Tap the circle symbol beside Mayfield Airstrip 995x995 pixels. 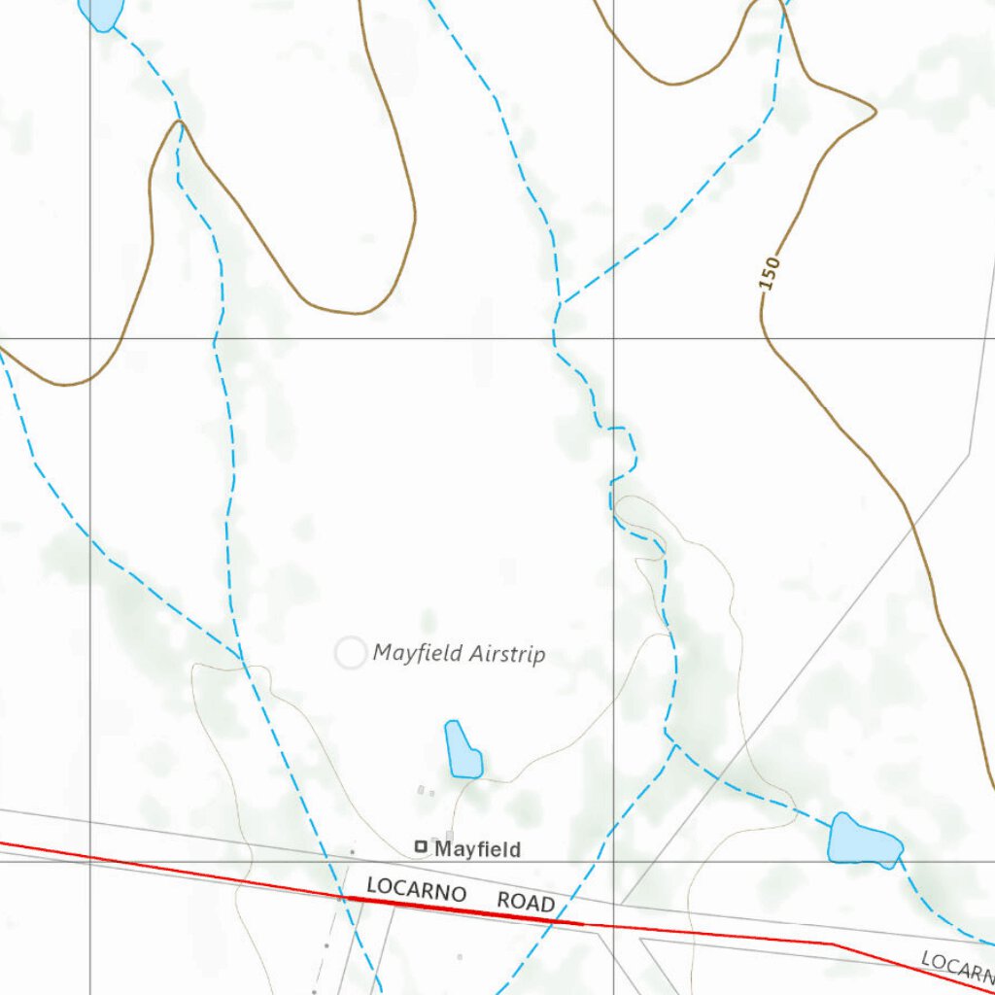click(350, 653)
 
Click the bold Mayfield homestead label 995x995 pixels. click(477, 849)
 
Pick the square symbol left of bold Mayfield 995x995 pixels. click(421, 847)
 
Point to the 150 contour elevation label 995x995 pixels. click(770, 273)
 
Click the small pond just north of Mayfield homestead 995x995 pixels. click(463, 750)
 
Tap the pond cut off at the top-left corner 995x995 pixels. click(101, 12)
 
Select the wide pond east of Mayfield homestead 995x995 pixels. click(864, 841)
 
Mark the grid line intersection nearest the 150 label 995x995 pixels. click(613, 339)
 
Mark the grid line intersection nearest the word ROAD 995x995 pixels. click(613, 861)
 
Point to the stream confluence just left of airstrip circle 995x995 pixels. click(243, 661)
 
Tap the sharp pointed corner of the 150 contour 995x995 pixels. click(875, 111)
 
